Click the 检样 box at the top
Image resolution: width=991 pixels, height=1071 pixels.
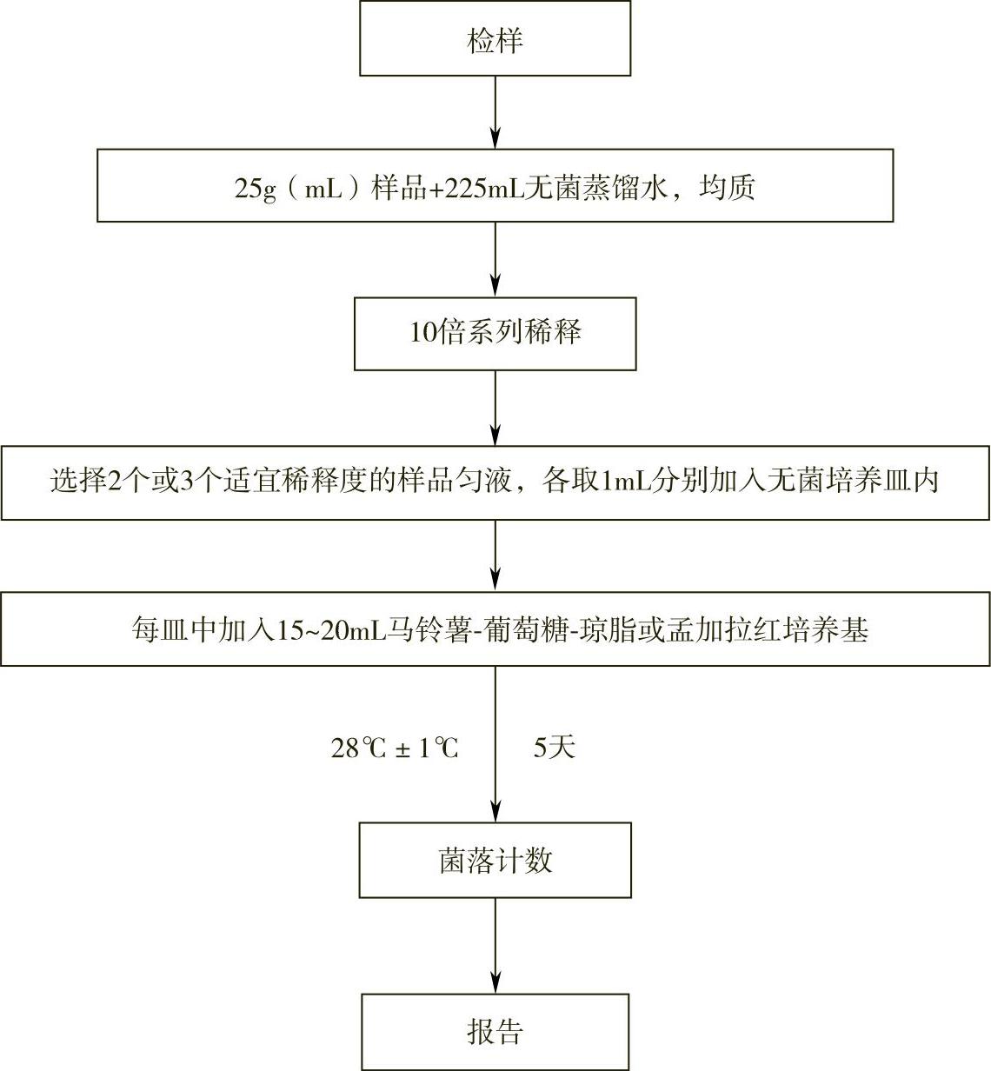(495, 40)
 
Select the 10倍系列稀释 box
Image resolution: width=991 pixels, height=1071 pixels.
(495, 333)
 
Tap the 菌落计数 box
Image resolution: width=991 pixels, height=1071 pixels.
(495, 861)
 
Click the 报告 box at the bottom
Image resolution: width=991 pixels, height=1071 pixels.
(495, 1032)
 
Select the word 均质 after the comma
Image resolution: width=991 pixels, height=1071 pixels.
(727, 188)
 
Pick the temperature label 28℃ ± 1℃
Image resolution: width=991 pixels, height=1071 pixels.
(394, 748)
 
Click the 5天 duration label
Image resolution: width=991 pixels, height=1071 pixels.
(554, 747)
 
